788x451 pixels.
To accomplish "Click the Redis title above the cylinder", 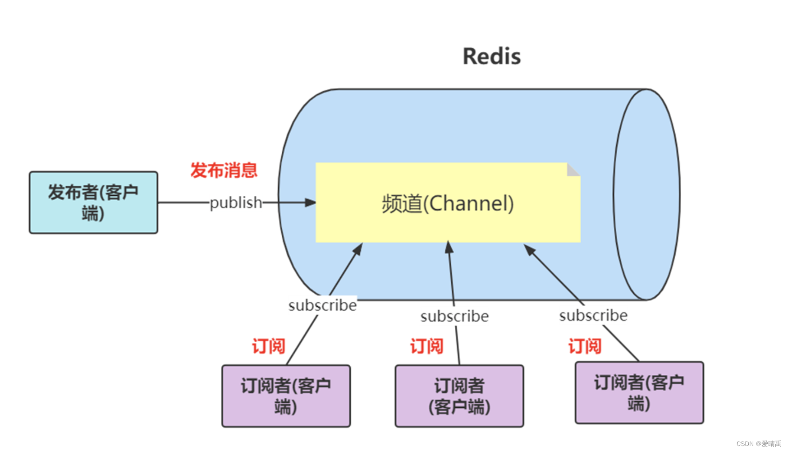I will click(491, 57).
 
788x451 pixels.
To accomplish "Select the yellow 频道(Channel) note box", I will click(447, 203).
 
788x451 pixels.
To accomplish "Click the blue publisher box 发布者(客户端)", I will click(93, 202).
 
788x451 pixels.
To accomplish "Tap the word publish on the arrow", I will click(236, 202).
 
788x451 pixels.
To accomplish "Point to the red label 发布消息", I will click(224, 170).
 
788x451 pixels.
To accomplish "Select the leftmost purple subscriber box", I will click(286, 396).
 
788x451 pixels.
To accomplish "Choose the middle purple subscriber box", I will click(459, 396).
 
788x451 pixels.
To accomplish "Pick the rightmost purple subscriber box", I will click(639, 392).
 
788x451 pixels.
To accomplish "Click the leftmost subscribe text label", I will click(322, 305).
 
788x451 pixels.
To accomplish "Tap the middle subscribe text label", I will click(454, 316).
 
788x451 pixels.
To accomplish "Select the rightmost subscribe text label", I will click(593, 315).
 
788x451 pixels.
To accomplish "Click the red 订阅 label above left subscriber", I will click(268, 346).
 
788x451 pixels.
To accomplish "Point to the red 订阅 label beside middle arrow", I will click(426, 346).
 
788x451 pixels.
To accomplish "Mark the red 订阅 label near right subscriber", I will click(585, 346).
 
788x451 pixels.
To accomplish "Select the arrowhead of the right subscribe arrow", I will click(529, 249).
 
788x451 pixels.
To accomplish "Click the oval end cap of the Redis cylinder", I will click(646, 194).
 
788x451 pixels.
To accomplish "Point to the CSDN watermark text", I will click(758, 444).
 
